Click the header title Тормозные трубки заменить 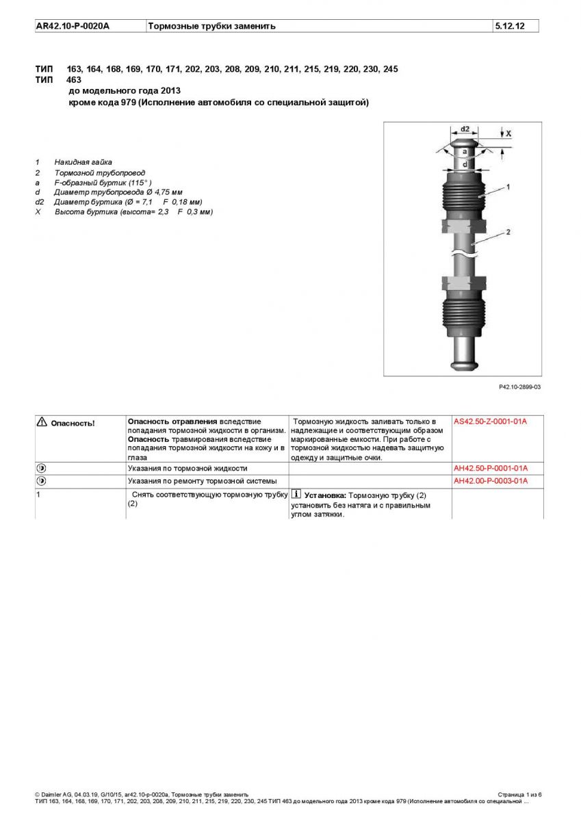click(x=212, y=26)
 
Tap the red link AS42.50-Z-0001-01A click(x=490, y=421)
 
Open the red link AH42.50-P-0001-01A click(x=490, y=469)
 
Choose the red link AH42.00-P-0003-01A click(x=490, y=481)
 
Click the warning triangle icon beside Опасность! click(x=42, y=422)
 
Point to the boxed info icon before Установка click(x=296, y=494)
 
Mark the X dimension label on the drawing click(x=508, y=133)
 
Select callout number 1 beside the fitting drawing click(x=508, y=186)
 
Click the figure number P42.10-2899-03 click(x=519, y=387)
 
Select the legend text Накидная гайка click(x=83, y=162)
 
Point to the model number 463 click(x=74, y=79)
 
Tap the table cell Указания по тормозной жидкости click(x=188, y=469)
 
